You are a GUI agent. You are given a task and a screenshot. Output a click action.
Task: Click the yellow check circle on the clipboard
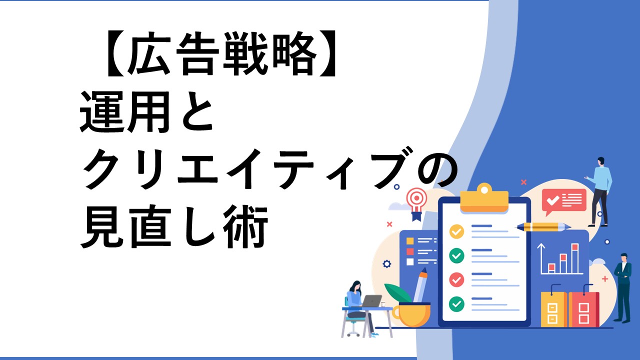click(x=456, y=231)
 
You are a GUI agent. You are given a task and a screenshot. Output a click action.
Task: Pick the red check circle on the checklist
click(x=456, y=279)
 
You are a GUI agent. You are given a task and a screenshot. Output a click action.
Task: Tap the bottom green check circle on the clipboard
click(x=456, y=304)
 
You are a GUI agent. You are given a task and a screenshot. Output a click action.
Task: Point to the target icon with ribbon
click(x=416, y=203)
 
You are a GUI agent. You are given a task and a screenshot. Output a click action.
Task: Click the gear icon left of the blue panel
click(x=387, y=263)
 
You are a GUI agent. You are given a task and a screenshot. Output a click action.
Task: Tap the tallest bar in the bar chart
click(x=575, y=258)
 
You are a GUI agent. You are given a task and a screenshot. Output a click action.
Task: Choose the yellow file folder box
click(x=553, y=309)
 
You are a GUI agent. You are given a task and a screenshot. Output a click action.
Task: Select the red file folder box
click(x=583, y=309)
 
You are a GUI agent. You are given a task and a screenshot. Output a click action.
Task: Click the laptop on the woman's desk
click(x=371, y=301)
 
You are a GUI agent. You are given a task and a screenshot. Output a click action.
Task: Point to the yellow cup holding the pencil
click(x=411, y=315)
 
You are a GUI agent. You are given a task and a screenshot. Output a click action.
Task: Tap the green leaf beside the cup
click(x=397, y=292)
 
